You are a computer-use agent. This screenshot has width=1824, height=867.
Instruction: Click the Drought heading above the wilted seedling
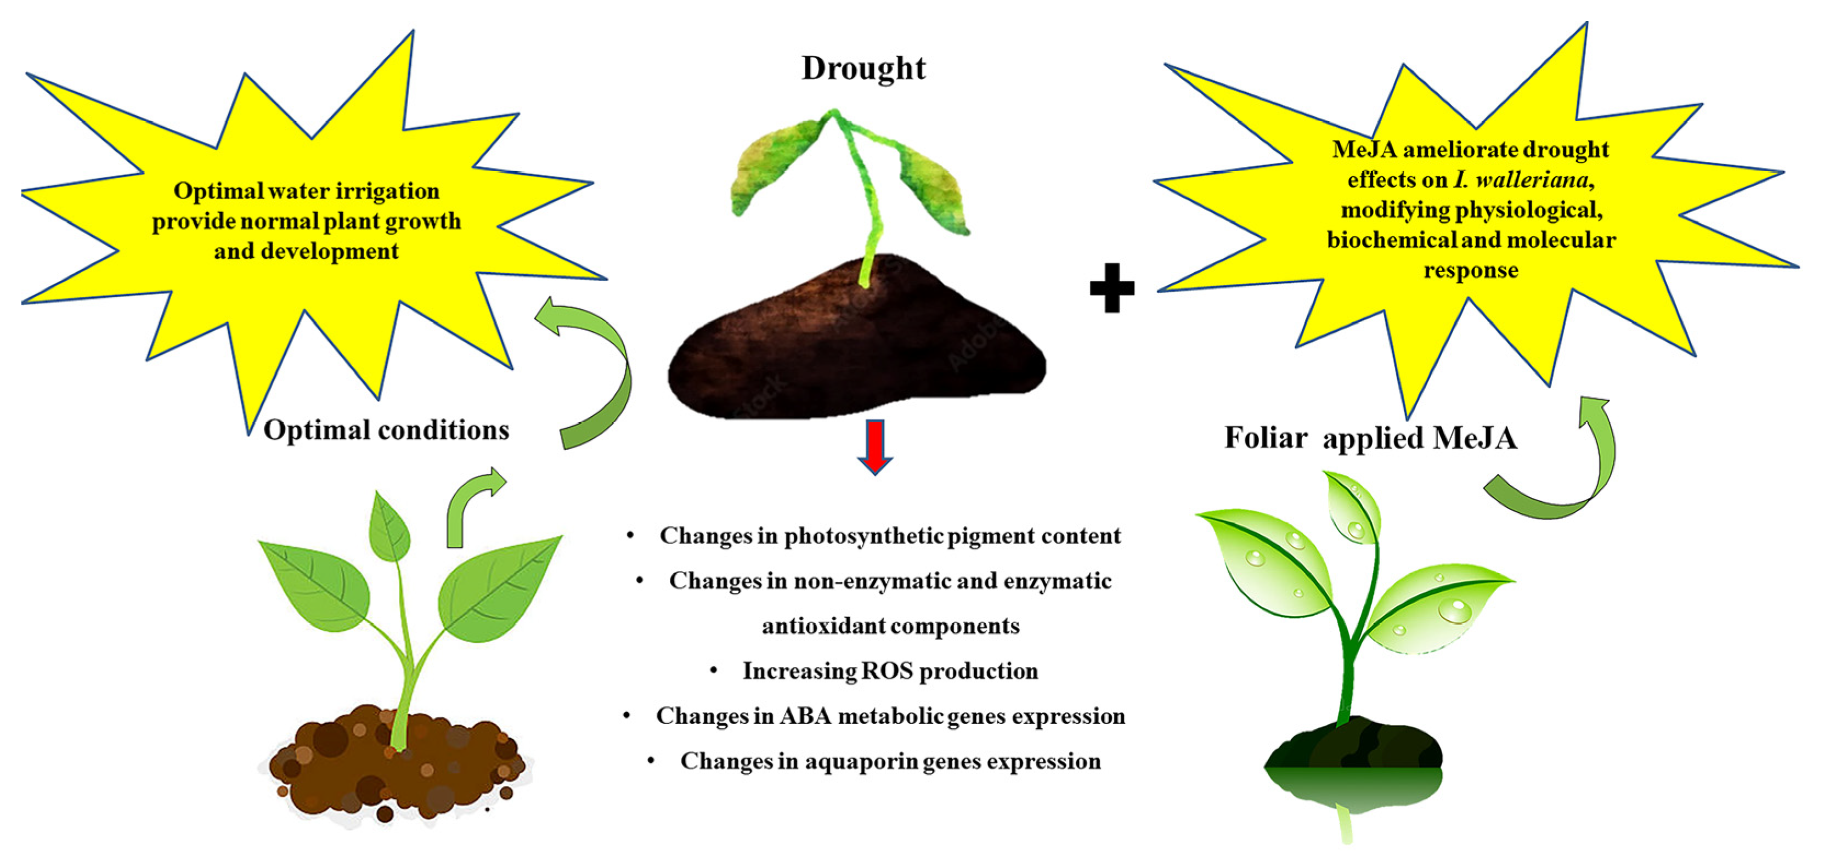click(863, 69)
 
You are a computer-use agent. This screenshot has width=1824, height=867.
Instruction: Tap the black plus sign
click(1111, 287)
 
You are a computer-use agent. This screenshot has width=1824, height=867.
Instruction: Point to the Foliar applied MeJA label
click(1371, 438)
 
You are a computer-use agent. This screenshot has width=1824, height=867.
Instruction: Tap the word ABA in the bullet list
click(806, 716)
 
